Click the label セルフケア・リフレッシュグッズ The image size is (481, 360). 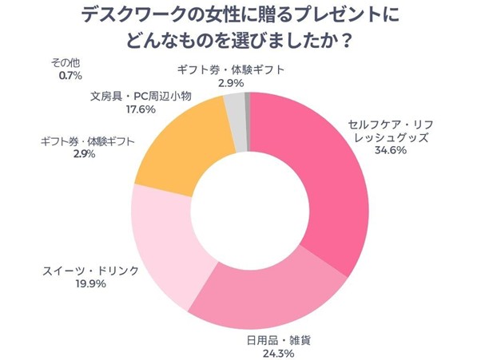389,132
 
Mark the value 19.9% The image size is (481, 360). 90,283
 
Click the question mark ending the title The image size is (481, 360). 347,40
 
